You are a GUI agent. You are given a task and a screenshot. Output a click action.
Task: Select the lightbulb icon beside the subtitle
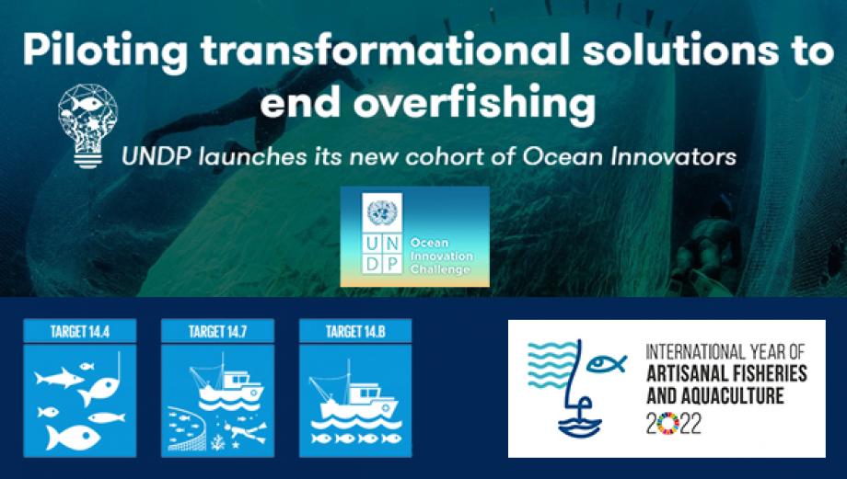coord(87,126)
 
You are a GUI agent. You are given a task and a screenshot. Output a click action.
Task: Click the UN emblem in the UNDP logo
coord(382,212)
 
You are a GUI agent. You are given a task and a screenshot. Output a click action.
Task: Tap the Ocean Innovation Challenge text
coord(441,257)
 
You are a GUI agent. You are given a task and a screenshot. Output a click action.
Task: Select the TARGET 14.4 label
coord(80,331)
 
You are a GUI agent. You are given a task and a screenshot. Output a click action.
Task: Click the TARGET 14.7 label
coord(217,331)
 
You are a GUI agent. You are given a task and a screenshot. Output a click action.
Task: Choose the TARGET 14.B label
coord(355,331)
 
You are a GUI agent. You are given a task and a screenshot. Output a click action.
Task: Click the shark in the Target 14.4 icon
coord(58,377)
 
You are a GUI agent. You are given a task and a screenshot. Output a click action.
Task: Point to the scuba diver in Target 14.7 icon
coord(246,431)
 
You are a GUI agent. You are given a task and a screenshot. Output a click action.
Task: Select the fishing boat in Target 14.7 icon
coord(226,382)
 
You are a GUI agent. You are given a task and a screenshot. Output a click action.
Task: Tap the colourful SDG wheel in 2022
coord(667,424)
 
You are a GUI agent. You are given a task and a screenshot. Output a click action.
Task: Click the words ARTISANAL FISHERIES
coord(727,373)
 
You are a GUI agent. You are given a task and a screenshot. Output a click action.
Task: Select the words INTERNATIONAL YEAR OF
coord(725,352)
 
